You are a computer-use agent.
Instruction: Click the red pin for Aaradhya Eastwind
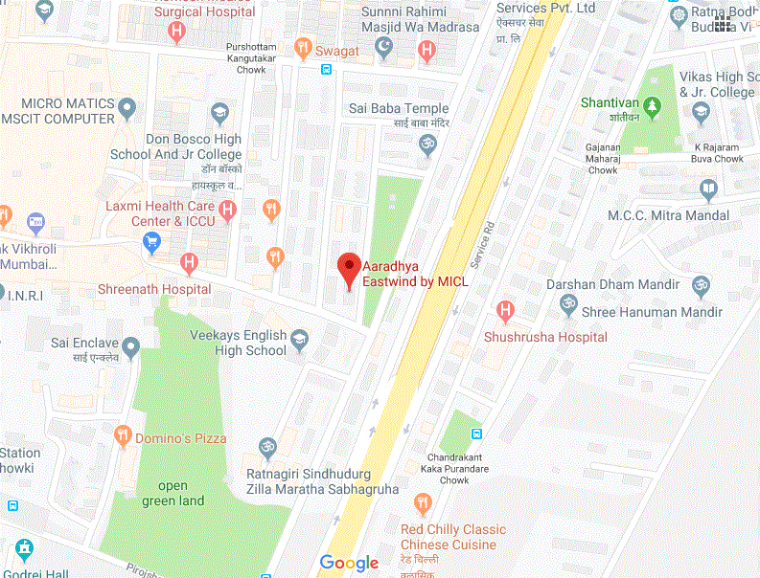pyautogui.click(x=349, y=268)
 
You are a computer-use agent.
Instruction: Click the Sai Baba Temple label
pyautogui.click(x=399, y=109)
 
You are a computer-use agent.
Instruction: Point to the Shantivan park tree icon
pyautogui.click(x=653, y=107)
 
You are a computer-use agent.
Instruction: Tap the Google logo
pyautogui.click(x=349, y=563)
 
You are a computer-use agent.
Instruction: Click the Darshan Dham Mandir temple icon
pyautogui.click(x=700, y=284)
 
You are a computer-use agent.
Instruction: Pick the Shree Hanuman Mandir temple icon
pyautogui.click(x=568, y=303)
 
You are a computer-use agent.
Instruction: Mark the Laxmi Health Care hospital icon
pyautogui.click(x=227, y=210)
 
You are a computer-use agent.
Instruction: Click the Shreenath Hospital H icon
pyautogui.click(x=190, y=262)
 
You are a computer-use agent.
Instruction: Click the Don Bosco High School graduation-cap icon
pyautogui.click(x=221, y=116)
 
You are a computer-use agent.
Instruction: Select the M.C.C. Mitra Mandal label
pyautogui.click(x=668, y=215)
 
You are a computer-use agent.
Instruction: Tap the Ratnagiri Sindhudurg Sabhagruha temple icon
pyautogui.click(x=268, y=447)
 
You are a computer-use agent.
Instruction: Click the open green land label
pyautogui.click(x=173, y=493)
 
